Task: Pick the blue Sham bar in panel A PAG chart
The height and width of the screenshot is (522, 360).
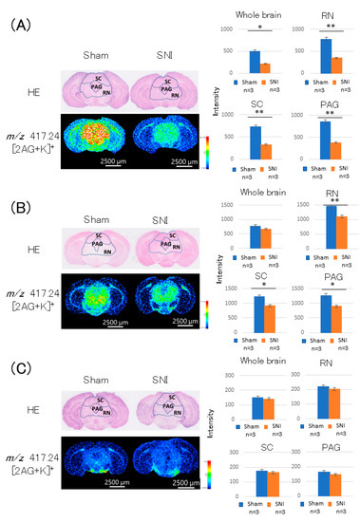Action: [x=326, y=135]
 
